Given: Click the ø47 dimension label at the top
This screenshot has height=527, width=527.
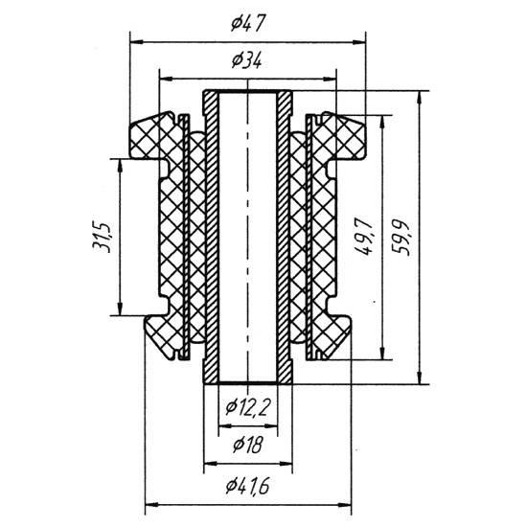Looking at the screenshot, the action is point(248,23).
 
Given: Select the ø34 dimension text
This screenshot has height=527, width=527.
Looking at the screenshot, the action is point(246,60).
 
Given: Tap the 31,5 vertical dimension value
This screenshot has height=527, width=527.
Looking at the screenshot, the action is point(101,237).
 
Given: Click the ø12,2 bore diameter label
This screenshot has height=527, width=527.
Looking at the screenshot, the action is point(248,407).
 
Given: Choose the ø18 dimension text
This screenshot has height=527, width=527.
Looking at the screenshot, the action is point(248,445).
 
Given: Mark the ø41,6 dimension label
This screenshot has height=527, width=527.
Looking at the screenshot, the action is point(248,486).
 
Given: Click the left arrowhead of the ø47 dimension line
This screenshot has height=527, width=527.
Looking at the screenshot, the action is point(136,42).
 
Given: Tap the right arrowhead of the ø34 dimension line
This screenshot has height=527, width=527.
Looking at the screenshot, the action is point(330,80).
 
